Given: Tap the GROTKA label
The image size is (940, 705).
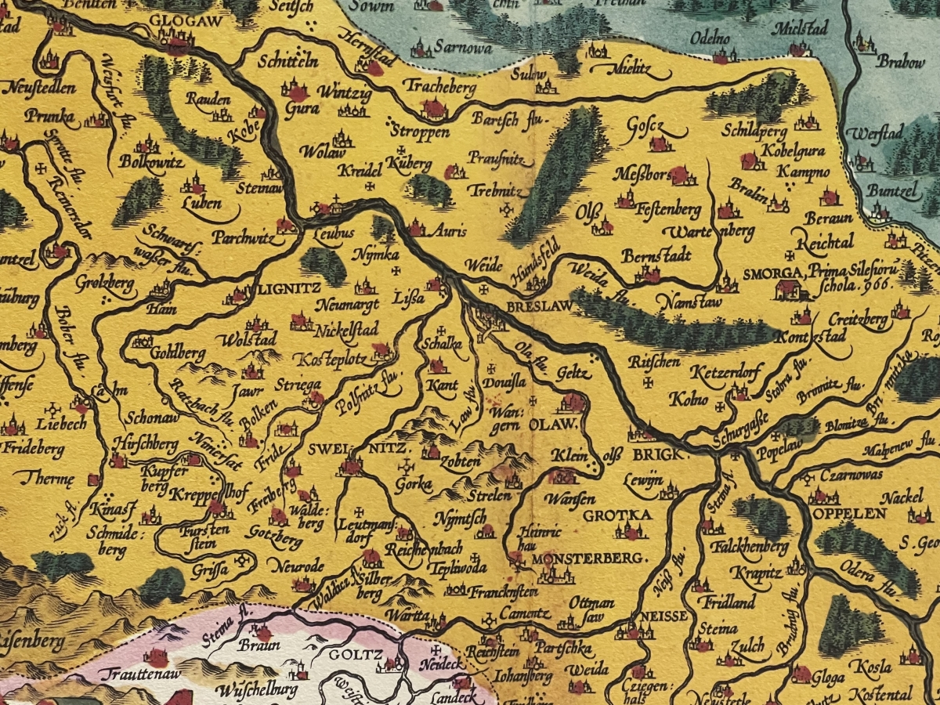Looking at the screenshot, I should [x=616, y=515].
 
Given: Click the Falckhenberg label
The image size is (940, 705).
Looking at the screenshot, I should [x=739, y=547].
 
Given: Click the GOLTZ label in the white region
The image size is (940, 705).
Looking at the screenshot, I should [x=345, y=655].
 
